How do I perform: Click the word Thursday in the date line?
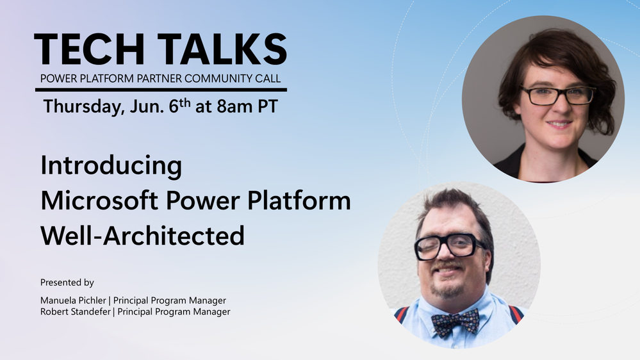point(81,106)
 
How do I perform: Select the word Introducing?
point(111,166)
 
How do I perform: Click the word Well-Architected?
point(142,236)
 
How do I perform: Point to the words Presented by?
point(67,282)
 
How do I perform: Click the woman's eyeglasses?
point(557,95)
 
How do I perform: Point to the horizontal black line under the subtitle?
point(160,90)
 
